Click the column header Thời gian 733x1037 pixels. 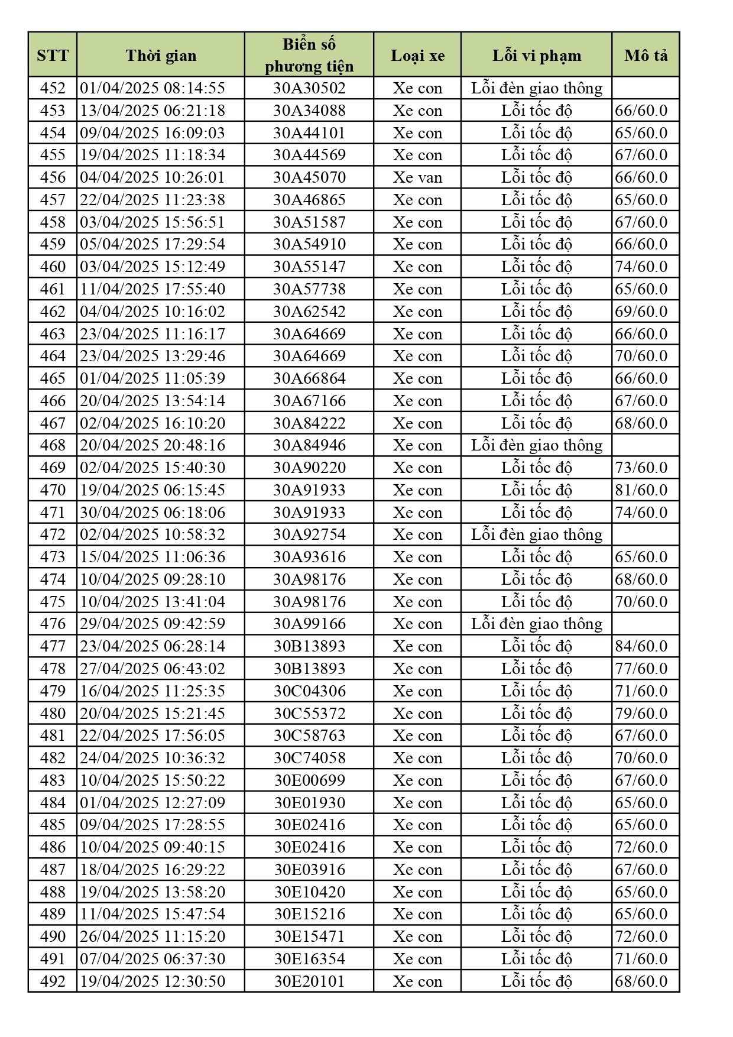click(161, 56)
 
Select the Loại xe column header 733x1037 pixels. click(417, 56)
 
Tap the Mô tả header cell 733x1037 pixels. click(646, 56)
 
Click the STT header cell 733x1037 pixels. click(53, 56)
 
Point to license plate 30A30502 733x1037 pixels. click(309, 88)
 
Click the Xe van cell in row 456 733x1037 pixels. click(417, 177)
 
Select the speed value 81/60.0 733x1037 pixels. click(641, 490)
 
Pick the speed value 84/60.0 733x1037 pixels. click(641, 646)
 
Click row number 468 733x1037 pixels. click(53, 445)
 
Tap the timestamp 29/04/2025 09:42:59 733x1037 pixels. click(153, 624)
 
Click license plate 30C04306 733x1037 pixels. click(309, 691)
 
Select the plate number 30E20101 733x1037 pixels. click(309, 981)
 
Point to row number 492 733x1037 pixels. click(53, 981)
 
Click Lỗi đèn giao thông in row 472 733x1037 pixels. click(536, 534)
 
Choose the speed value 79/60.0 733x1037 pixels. click(641, 714)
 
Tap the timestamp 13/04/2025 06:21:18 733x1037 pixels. click(153, 111)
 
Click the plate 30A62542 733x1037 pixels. click(309, 312)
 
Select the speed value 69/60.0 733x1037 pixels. click(641, 312)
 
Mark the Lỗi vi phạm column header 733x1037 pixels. click(536, 56)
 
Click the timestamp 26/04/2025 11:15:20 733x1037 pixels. click(153, 936)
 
